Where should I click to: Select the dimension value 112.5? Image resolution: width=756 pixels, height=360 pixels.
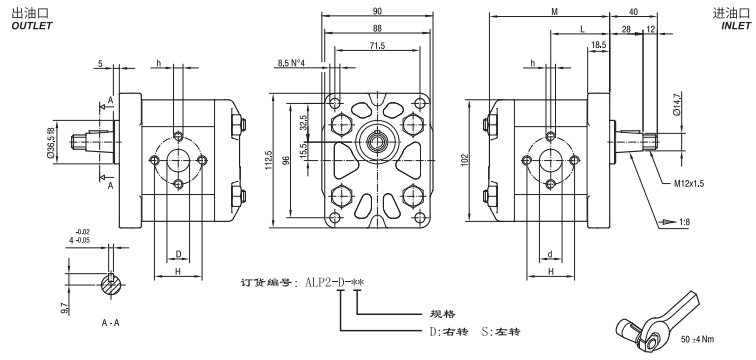267,160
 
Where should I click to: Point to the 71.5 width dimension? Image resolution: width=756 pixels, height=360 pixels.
378,46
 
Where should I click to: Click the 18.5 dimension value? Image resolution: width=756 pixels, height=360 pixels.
599,46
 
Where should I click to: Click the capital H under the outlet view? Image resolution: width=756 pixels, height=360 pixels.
177,271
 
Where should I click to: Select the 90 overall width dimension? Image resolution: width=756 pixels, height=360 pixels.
378,13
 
